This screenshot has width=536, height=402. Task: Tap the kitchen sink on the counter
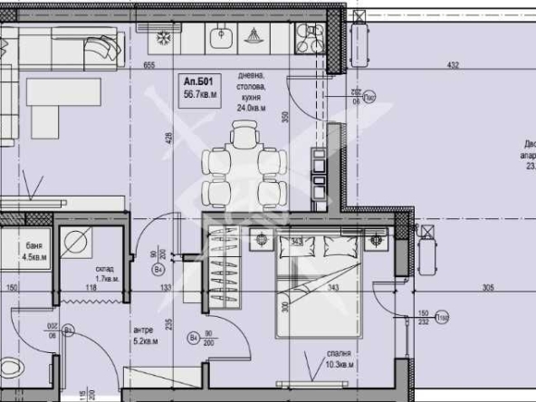point(220,37)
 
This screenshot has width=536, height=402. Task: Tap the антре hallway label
point(143,330)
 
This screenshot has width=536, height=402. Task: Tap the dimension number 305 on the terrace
point(488,288)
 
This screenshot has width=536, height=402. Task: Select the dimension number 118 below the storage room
point(90,289)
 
